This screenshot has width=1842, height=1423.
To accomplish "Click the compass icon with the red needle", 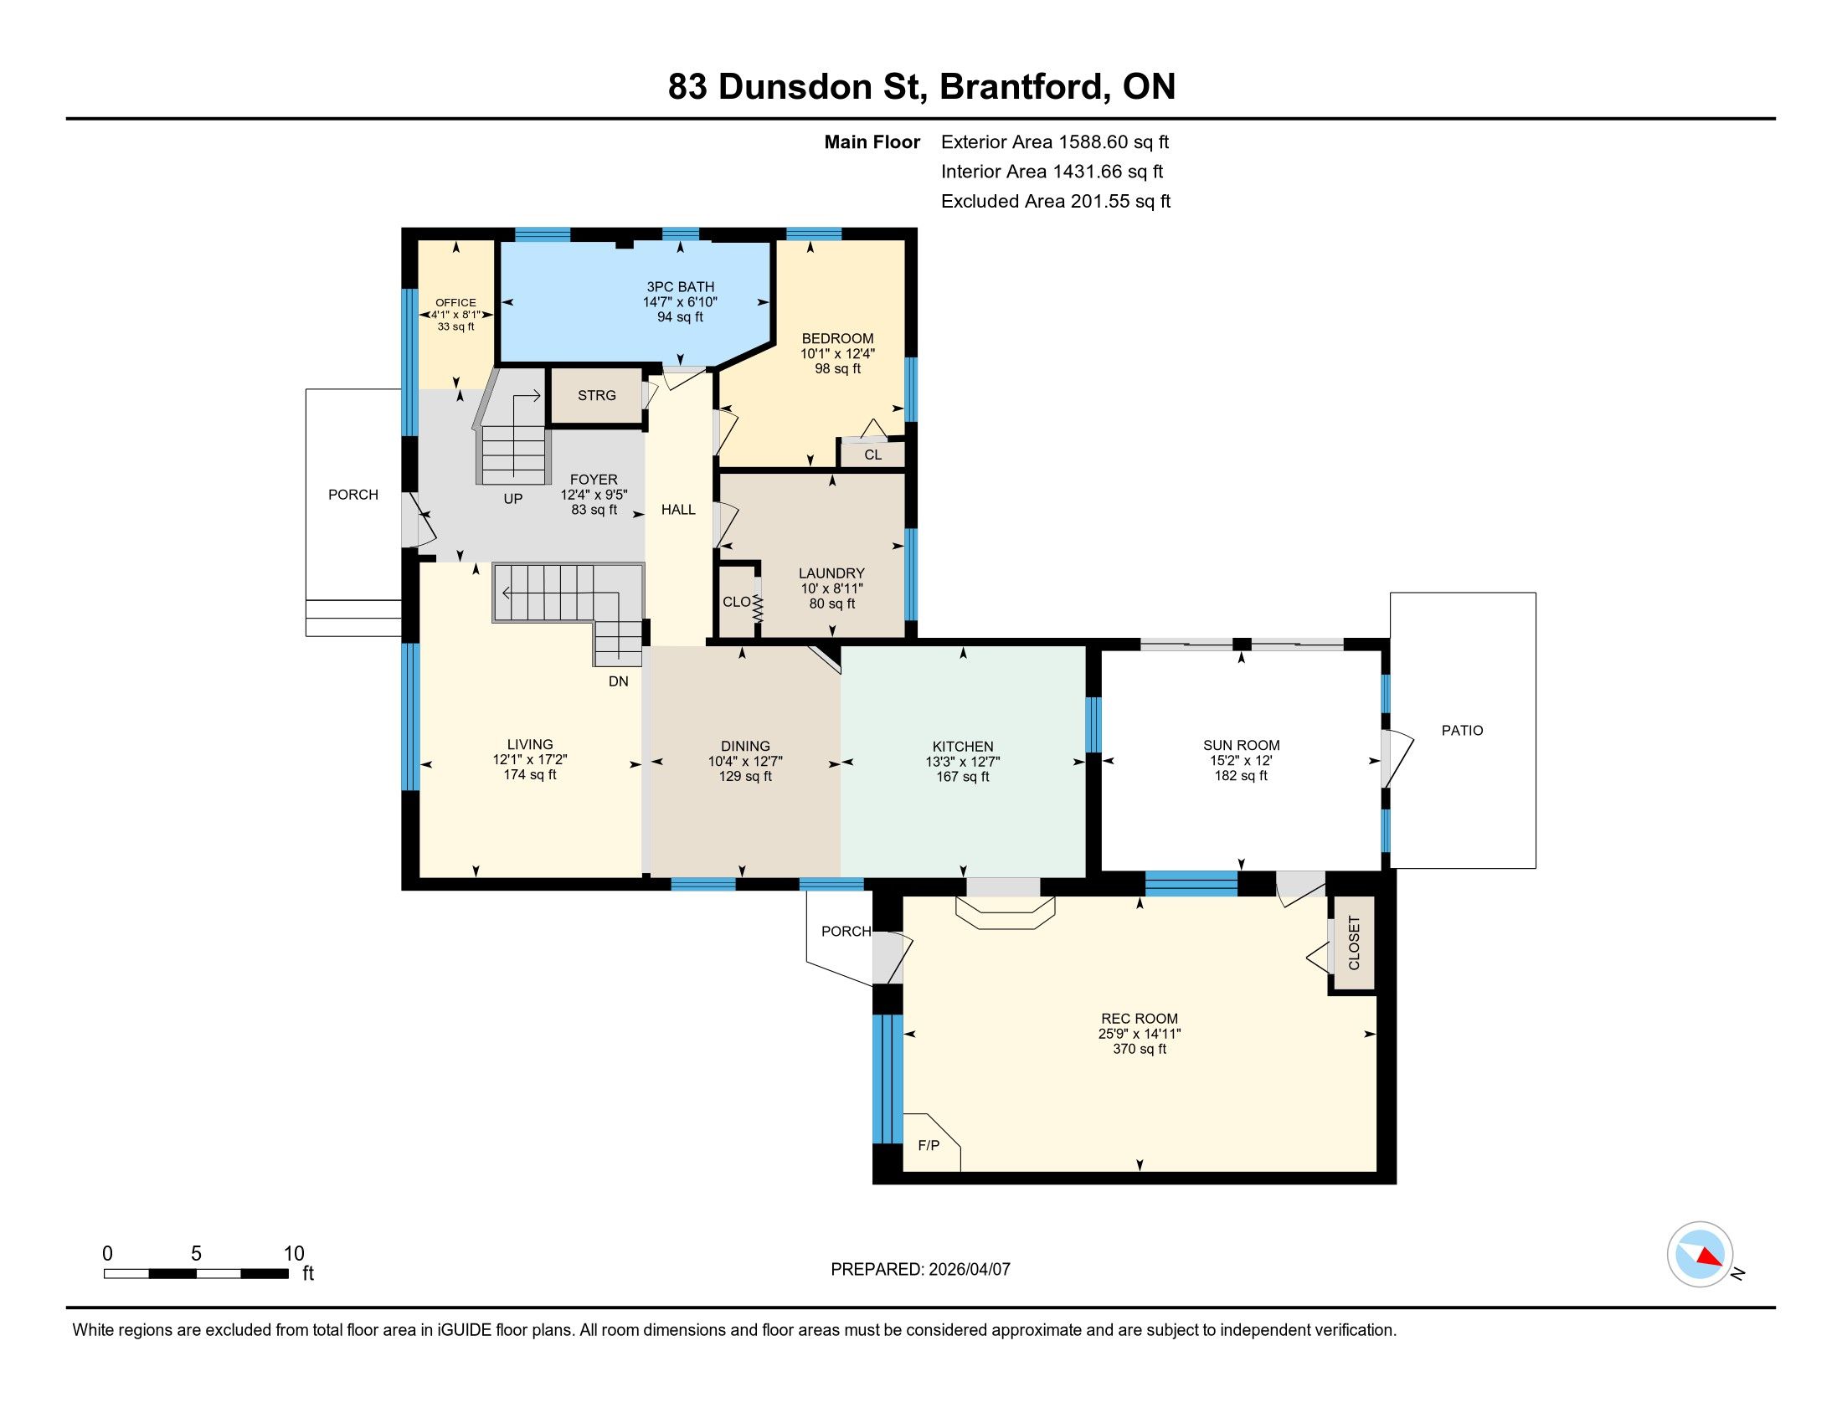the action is click(x=1701, y=1254).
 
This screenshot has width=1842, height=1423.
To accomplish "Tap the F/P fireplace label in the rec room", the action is click(x=928, y=1145).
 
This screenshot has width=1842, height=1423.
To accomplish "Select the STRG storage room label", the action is click(x=596, y=395).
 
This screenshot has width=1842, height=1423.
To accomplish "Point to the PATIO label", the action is click(x=1462, y=731).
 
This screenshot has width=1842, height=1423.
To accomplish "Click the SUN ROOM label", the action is click(x=1241, y=745).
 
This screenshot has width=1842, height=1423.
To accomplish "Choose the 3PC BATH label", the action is click(x=680, y=286).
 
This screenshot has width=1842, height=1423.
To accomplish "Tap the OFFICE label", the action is click(x=455, y=303).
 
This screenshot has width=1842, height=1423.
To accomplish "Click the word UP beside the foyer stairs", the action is click(x=512, y=498).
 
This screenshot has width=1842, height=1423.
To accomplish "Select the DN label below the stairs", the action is click(x=618, y=681).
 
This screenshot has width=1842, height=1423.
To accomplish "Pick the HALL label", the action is click(x=678, y=509).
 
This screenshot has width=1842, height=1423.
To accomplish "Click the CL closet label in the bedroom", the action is click(x=873, y=455).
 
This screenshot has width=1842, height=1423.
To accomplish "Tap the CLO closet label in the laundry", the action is click(x=736, y=602).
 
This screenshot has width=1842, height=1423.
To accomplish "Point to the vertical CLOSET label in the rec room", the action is click(x=1354, y=943).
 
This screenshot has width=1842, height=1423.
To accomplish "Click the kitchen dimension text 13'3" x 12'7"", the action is click(x=962, y=761).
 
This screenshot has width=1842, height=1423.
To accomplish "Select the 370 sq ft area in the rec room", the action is click(x=1140, y=1049).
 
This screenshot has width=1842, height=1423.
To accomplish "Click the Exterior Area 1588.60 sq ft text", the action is click(x=1055, y=141).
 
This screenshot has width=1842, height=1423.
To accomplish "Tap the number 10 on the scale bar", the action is click(x=294, y=1253).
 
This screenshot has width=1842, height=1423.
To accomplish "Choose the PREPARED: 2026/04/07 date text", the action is click(x=920, y=1269).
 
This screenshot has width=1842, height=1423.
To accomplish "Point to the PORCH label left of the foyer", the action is click(x=353, y=495).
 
